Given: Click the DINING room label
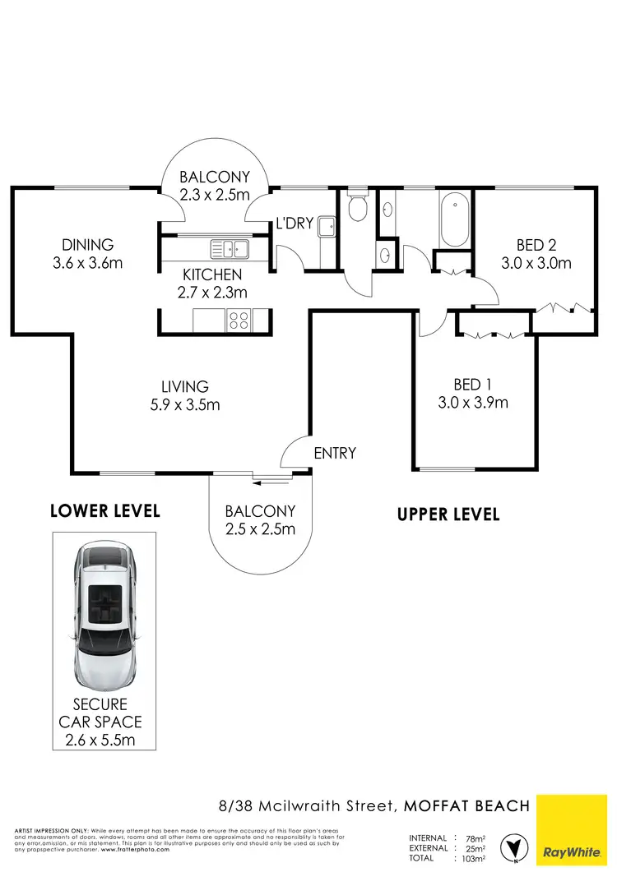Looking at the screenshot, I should pyautogui.click(x=87, y=245).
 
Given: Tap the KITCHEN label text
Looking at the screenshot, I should pyautogui.click(x=212, y=275).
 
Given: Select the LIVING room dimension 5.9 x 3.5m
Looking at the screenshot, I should pyautogui.click(x=185, y=404).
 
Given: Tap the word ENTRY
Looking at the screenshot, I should pyautogui.click(x=335, y=453).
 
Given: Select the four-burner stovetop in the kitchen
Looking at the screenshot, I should pyautogui.click(x=239, y=320).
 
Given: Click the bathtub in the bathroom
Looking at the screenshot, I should pyautogui.click(x=454, y=220).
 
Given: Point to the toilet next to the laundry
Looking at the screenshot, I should pyautogui.click(x=357, y=208).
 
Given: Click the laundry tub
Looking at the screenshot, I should pyautogui.click(x=326, y=226).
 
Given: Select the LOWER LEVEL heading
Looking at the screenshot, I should pyautogui.click(x=104, y=511).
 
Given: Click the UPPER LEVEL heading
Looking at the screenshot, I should pyautogui.click(x=448, y=514).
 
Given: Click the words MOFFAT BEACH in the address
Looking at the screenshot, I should pyautogui.click(x=466, y=805).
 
